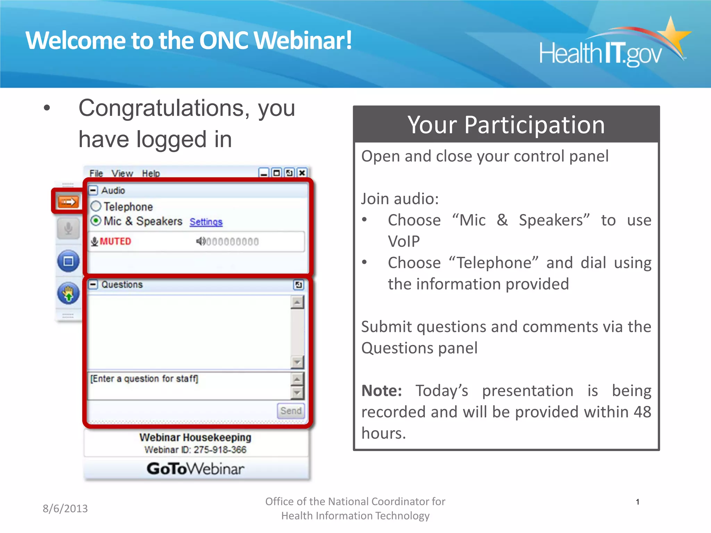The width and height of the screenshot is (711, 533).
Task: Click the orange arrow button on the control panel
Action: (68, 202)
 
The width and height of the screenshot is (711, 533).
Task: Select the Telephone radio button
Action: (96, 206)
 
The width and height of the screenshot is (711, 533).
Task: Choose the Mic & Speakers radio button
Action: (96, 221)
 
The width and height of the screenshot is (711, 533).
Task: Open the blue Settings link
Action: (206, 222)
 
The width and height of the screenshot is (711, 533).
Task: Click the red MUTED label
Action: (115, 241)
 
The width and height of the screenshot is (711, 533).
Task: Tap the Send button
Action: (291, 411)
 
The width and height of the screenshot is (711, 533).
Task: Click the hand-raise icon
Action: (68, 294)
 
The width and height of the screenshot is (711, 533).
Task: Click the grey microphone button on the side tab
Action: (68, 228)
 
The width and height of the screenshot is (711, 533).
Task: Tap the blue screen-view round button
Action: (68, 261)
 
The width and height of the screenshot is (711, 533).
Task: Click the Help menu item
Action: (151, 173)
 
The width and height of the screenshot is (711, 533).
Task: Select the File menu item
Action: (96, 173)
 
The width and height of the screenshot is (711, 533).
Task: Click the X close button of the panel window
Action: (302, 173)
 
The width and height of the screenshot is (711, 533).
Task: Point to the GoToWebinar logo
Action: (195, 469)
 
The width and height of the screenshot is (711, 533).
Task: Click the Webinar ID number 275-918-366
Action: (220, 450)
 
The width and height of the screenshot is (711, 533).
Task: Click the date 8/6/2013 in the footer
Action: (65, 508)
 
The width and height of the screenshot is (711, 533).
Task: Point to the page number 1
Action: (637, 502)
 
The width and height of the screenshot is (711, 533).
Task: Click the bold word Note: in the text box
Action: (382, 391)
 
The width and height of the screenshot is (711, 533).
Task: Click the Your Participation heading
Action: (506, 125)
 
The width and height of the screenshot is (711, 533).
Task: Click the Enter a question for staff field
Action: (187, 385)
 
